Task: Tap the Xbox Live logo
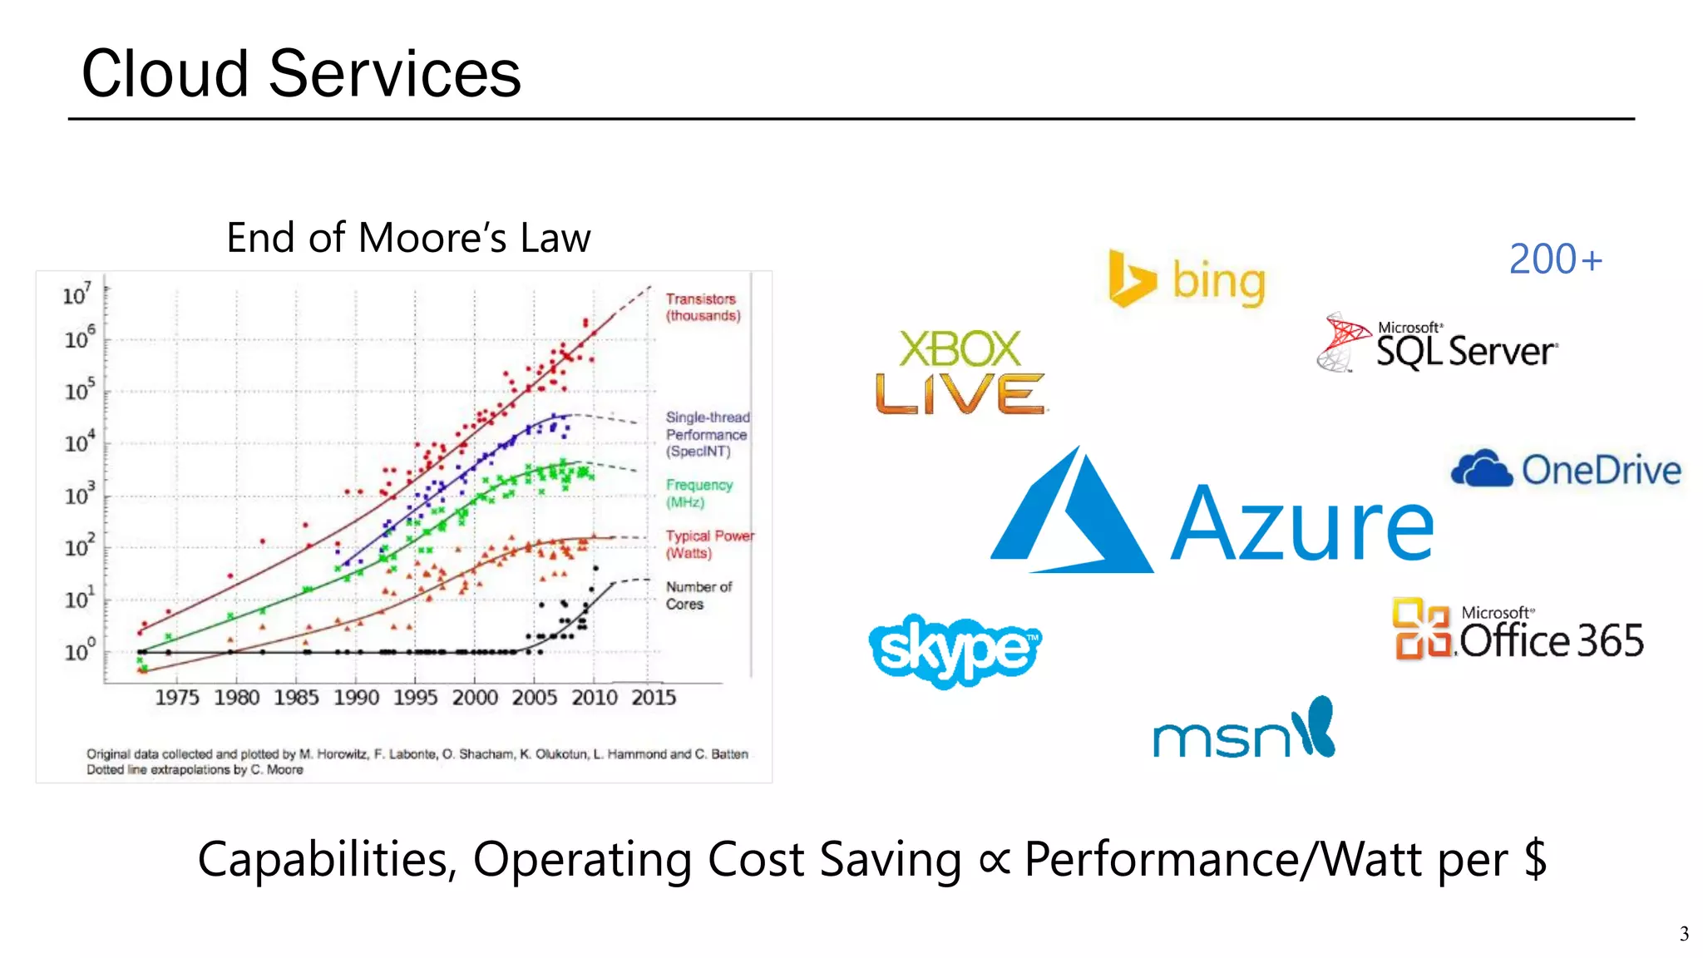(960, 373)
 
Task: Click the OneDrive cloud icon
(1481, 469)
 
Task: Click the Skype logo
(955, 650)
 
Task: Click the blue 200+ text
(1555, 259)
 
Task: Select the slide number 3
(1684, 934)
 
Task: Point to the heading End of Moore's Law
(408, 238)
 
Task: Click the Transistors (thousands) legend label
(703, 307)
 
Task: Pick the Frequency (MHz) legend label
(698, 493)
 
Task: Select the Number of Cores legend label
(698, 595)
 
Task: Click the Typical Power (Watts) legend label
(708, 544)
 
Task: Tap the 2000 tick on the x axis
(475, 697)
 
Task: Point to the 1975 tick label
(177, 697)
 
